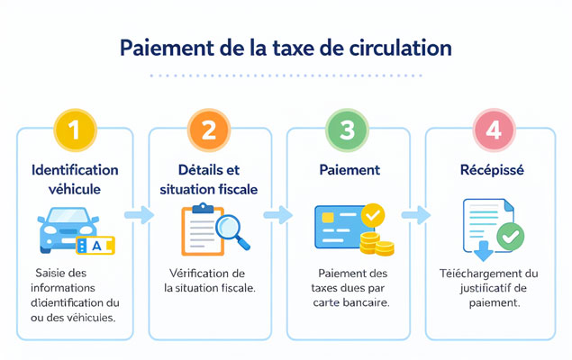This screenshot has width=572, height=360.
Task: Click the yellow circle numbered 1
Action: pos(75,130)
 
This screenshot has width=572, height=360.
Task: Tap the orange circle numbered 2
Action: pos(209,130)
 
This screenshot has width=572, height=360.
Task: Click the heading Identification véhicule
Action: pos(75,179)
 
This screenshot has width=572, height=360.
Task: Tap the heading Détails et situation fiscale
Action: pos(209,179)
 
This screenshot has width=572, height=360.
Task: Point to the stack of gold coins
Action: pos(377,244)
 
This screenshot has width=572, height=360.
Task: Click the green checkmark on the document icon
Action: pos(511,237)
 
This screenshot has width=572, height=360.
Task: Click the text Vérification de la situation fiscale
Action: pos(209,280)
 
